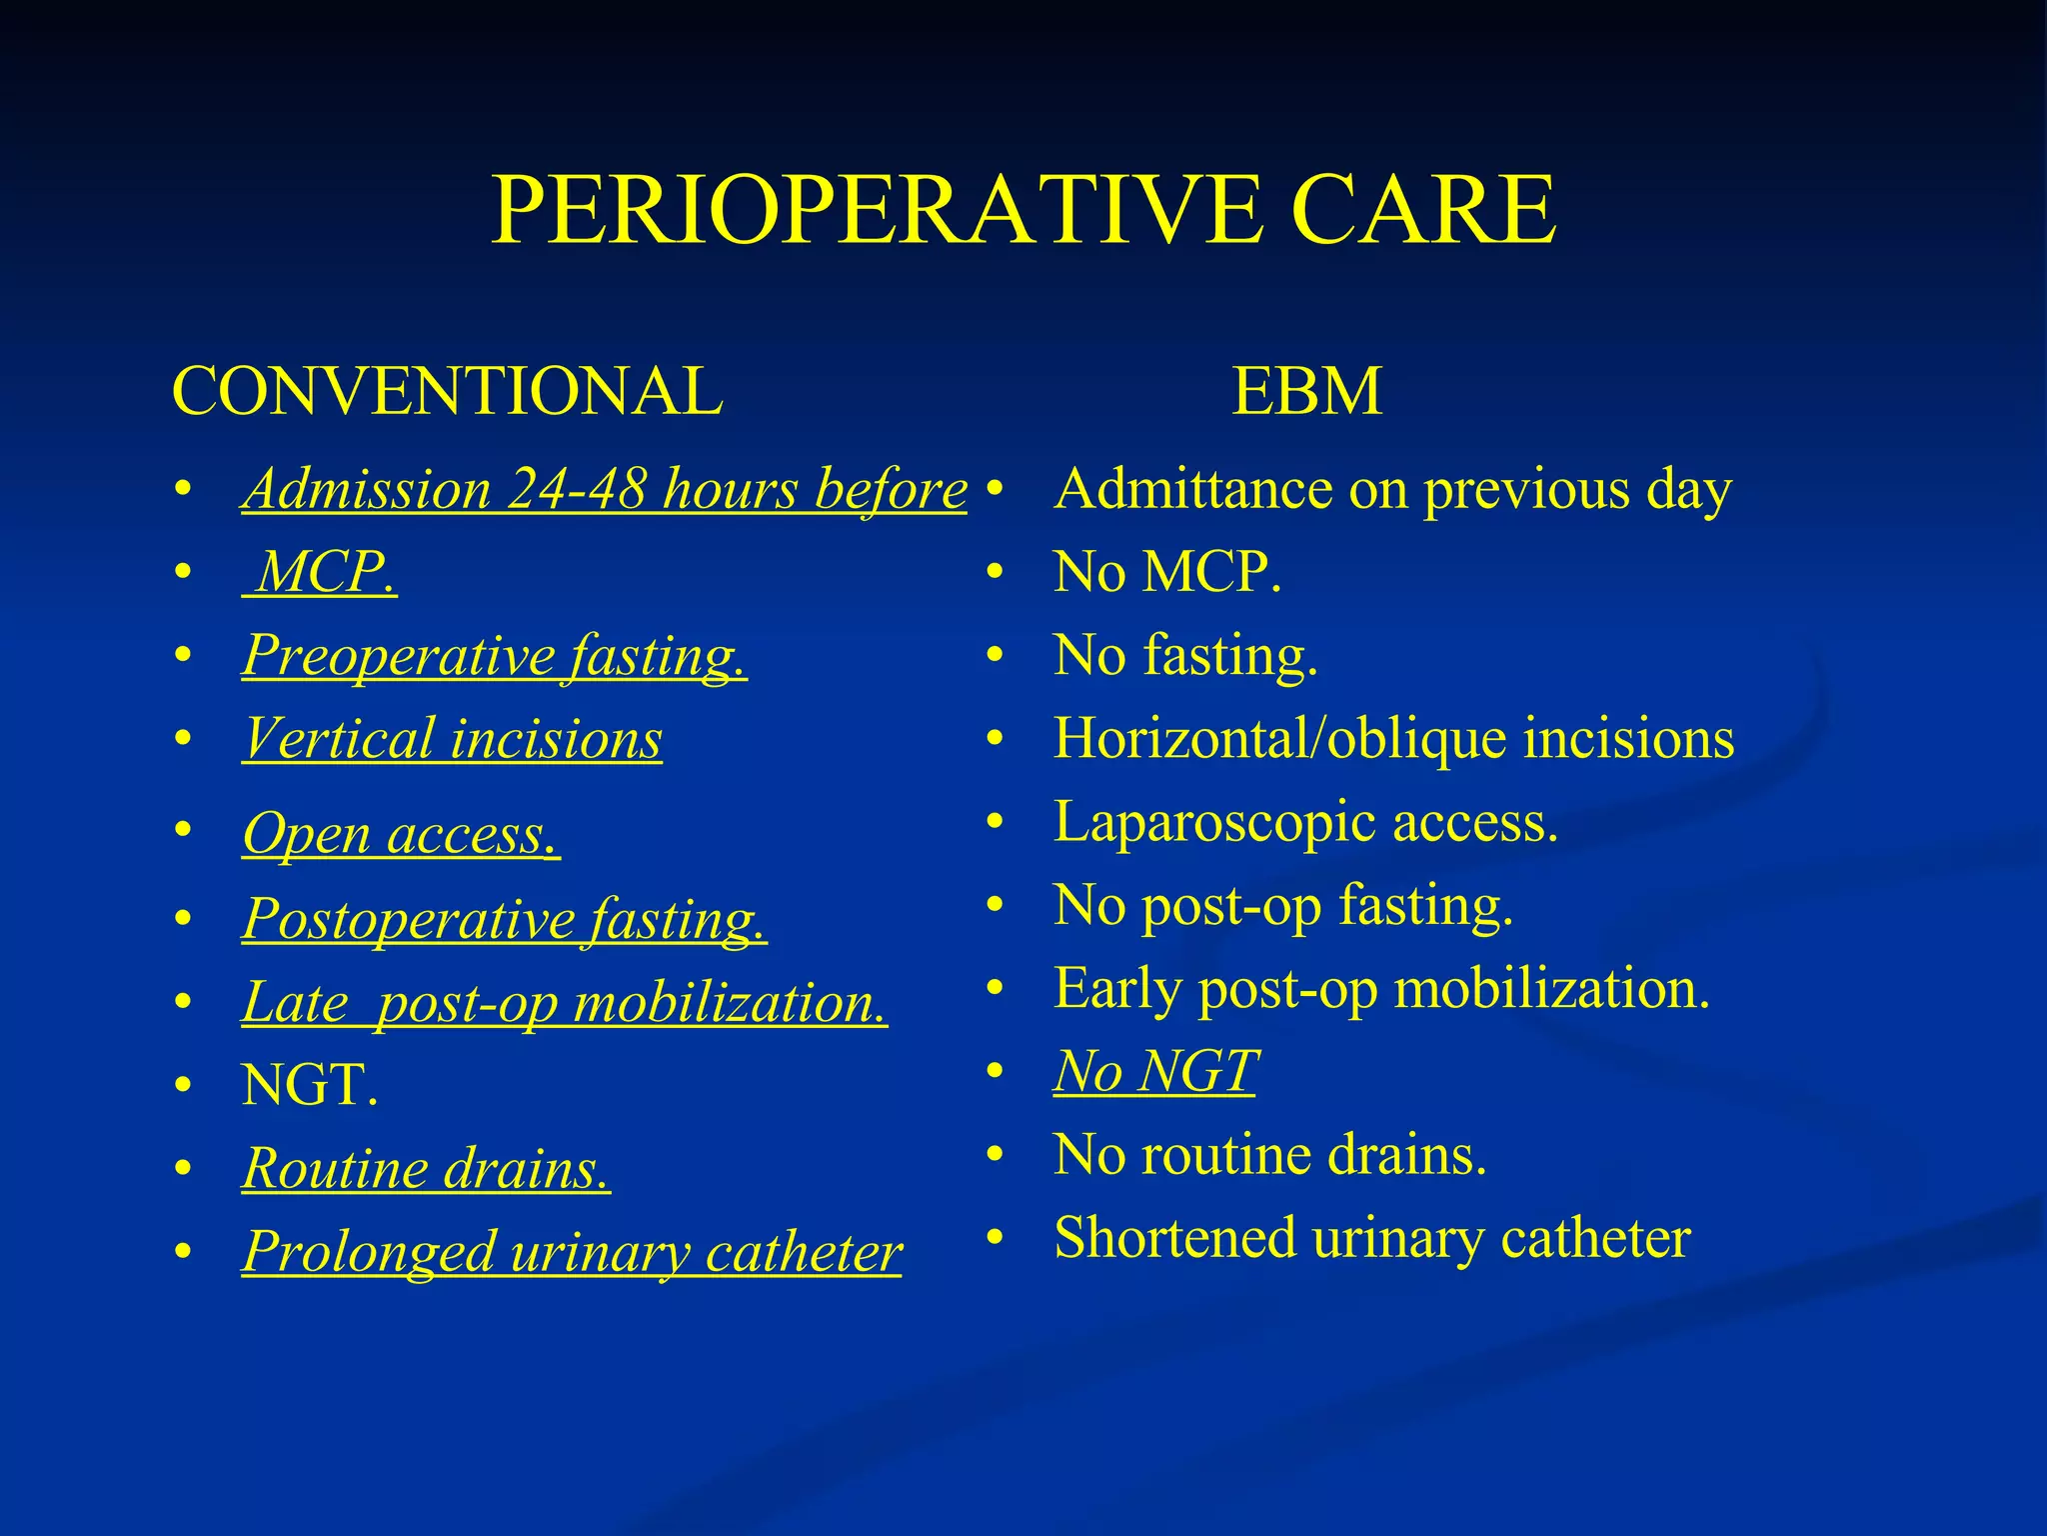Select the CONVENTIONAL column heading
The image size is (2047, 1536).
pyautogui.click(x=447, y=391)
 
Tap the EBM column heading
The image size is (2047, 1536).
pyautogui.click(x=1306, y=391)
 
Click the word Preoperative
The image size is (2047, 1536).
pyautogui.click(x=399, y=657)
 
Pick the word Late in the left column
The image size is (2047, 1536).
pyautogui.click(x=294, y=1003)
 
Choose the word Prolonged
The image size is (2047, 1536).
pyautogui.click(x=369, y=1252)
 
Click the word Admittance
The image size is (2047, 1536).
pyautogui.click(x=1193, y=490)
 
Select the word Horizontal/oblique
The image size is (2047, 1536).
pyautogui.click(x=1280, y=740)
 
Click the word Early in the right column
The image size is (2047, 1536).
pyautogui.click(x=1118, y=989)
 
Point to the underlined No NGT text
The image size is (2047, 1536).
pyautogui.click(x=1155, y=1072)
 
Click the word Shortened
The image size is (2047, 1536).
pyautogui.click(x=1174, y=1238)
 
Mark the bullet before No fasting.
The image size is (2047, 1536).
pyautogui.click(x=994, y=657)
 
